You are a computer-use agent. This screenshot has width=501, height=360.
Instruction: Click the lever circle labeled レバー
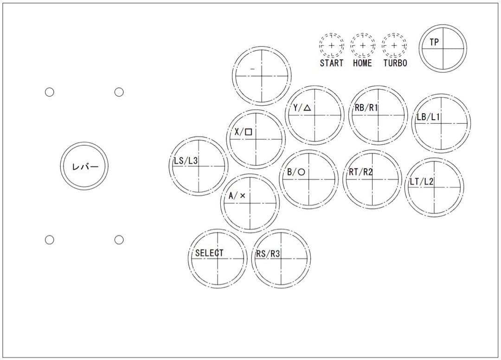84,166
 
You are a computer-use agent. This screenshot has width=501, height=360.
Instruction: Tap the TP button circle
443,48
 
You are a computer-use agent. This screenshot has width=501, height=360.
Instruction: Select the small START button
331,46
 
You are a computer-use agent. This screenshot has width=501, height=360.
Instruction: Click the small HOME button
362,46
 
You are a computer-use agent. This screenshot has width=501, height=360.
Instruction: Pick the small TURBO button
394,46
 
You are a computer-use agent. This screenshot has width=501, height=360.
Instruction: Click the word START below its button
331,63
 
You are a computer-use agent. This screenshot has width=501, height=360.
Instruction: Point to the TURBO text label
395,63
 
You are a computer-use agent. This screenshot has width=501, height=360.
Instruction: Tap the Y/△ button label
302,108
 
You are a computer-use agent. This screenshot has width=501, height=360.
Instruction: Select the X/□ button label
243,132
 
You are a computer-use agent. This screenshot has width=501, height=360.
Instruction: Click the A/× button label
237,196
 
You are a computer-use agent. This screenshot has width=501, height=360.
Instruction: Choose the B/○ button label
295,172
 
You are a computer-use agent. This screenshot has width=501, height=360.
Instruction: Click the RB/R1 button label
366,108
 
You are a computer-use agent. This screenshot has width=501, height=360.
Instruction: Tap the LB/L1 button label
427,117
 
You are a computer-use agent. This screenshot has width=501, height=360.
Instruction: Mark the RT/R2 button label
360,172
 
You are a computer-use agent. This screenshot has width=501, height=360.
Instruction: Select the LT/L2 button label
421,181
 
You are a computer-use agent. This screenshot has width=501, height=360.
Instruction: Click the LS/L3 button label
186,161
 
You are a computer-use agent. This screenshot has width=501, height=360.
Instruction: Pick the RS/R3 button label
268,254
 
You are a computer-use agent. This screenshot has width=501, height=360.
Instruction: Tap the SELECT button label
209,253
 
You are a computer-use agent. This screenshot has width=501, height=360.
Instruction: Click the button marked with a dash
262,75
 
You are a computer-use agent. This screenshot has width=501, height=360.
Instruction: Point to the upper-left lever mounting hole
50,92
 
